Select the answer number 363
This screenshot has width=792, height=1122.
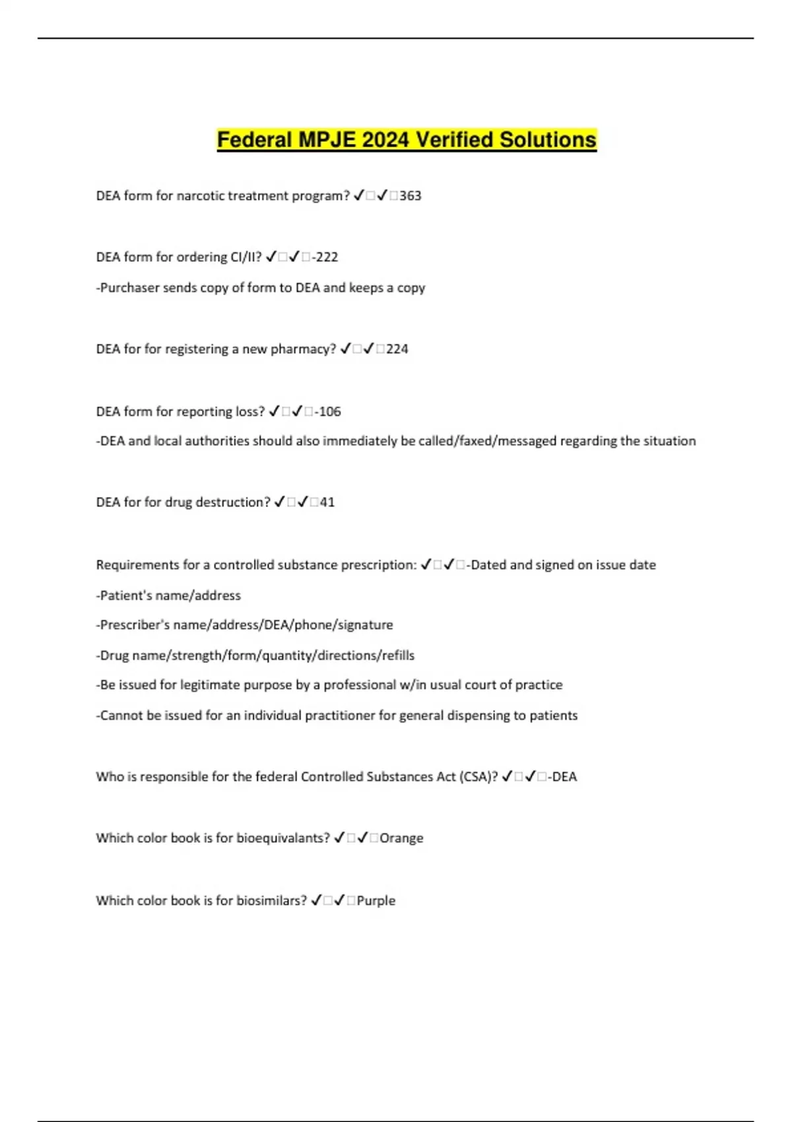pos(410,196)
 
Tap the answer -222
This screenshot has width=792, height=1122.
pos(325,257)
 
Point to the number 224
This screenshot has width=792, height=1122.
pos(397,349)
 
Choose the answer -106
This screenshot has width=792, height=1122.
pos(328,412)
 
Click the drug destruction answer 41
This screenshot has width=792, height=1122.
pos(327,502)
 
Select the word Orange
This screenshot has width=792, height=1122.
pos(401,838)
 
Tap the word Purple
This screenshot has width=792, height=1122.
pos(376,901)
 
